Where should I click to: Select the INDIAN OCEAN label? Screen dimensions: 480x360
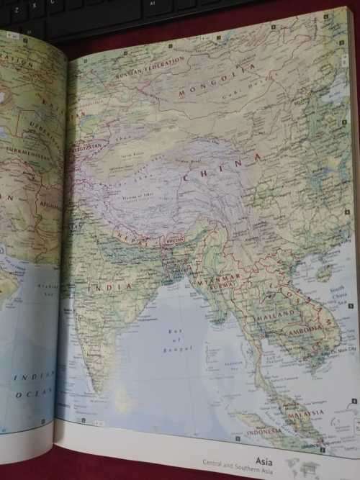[32, 384]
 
